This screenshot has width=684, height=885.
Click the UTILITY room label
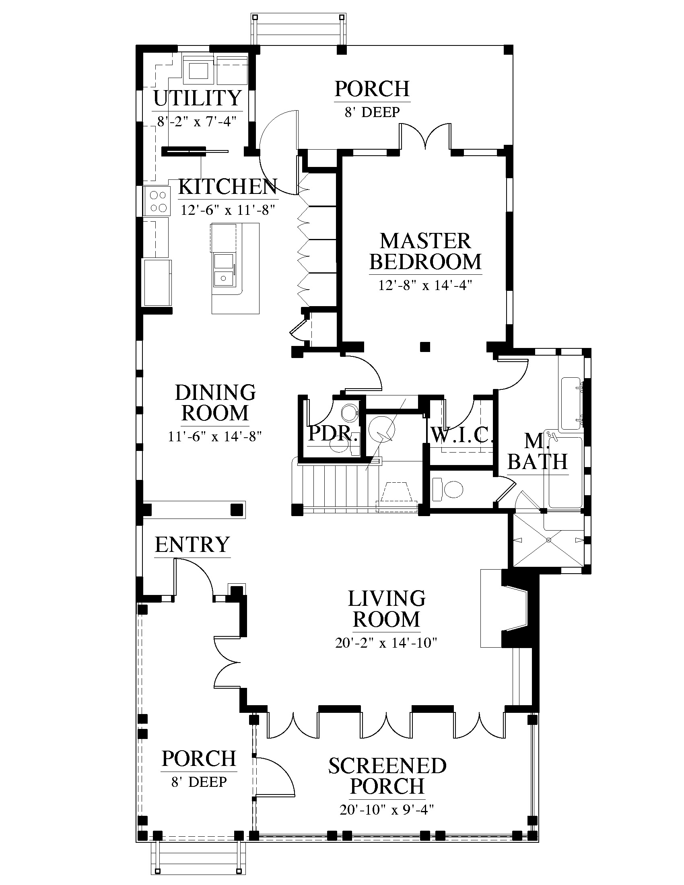click(x=198, y=98)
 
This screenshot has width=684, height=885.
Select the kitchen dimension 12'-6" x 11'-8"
click(x=228, y=210)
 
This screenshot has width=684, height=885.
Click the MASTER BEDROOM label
click(x=425, y=251)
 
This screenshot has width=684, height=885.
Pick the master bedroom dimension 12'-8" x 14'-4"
click(x=425, y=285)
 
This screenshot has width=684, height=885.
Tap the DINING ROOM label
click(x=215, y=403)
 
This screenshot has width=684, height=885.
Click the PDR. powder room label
click(x=333, y=433)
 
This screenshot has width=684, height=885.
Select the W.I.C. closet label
click(x=461, y=435)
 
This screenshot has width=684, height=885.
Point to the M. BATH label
click(x=538, y=451)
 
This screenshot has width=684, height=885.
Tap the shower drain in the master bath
click(x=549, y=540)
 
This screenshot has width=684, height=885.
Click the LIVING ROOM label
click(x=387, y=609)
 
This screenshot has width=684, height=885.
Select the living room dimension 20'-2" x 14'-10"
click(x=386, y=643)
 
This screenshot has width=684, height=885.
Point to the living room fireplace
click(x=515, y=608)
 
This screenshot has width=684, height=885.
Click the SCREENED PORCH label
click(x=387, y=776)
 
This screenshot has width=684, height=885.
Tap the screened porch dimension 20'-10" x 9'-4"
click(x=387, y=810)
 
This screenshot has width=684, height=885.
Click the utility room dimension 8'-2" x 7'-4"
click(x=197, y=121)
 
